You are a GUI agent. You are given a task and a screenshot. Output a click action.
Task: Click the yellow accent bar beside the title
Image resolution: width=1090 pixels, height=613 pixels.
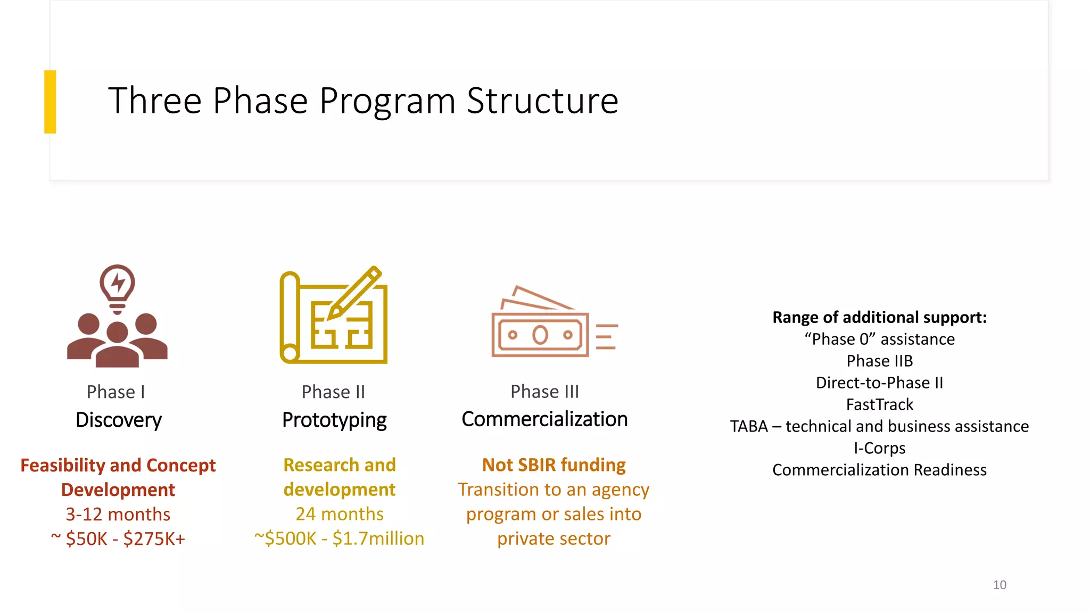tap(50, 102)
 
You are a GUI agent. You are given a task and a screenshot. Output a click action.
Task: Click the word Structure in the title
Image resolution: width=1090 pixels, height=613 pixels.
tap(542, 101)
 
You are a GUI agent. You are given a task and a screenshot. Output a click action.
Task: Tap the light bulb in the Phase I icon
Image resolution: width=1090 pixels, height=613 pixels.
tap(118, 284)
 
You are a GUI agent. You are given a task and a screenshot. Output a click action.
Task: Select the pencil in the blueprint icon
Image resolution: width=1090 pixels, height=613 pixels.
tap(354, 292)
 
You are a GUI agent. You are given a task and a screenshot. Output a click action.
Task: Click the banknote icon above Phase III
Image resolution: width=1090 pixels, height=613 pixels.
tap(540, 334)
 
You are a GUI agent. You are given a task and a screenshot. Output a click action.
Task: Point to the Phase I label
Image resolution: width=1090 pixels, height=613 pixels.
tap(116, 392)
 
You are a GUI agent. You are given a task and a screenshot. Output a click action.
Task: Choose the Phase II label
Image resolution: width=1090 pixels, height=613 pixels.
tap(334, 392)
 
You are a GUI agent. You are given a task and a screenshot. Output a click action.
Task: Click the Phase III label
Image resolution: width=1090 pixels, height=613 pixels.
tap(544, 392)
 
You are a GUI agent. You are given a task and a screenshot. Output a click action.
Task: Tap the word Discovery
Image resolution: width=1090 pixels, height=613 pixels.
tap(119, 420)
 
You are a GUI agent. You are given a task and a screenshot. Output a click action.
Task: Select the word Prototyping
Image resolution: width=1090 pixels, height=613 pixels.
tap(334, 420)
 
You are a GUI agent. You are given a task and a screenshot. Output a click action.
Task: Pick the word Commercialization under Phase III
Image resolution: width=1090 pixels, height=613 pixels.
tap(544, 419)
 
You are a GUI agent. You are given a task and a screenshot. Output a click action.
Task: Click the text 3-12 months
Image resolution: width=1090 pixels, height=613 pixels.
tap(118, 515)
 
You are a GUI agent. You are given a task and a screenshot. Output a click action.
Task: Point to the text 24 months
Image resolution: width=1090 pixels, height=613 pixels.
tap(340, 514)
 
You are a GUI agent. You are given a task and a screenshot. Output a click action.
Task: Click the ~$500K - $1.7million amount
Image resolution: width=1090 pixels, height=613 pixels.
tap(340, 539)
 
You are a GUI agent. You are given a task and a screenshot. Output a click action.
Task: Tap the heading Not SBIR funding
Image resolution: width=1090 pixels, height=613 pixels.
tap(554, 465)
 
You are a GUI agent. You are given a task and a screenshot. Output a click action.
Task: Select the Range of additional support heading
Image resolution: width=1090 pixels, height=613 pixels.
tap(879, 318)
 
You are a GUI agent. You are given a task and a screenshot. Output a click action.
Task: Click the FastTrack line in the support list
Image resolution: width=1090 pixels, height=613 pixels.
tap(879, 405)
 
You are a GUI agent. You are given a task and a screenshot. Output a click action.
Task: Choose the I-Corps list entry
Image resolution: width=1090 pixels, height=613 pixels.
tap(879, 448)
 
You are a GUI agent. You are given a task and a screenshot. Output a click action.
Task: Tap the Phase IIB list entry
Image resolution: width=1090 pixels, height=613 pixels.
tap(879, 361)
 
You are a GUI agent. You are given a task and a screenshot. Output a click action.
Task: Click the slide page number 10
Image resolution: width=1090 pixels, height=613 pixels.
tap(1000, 585)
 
